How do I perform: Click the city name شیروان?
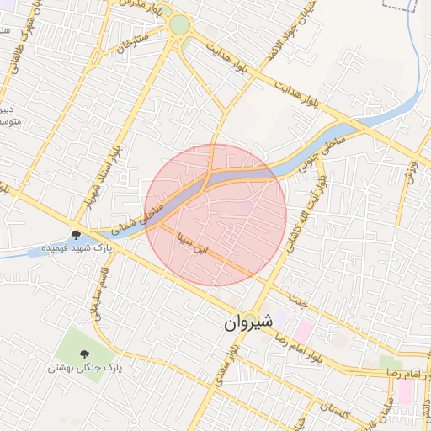coord(250,322)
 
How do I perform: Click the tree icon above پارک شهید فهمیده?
coord(77,235)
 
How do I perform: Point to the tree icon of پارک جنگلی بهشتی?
coord(84,354)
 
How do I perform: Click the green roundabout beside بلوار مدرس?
coord(179,25)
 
